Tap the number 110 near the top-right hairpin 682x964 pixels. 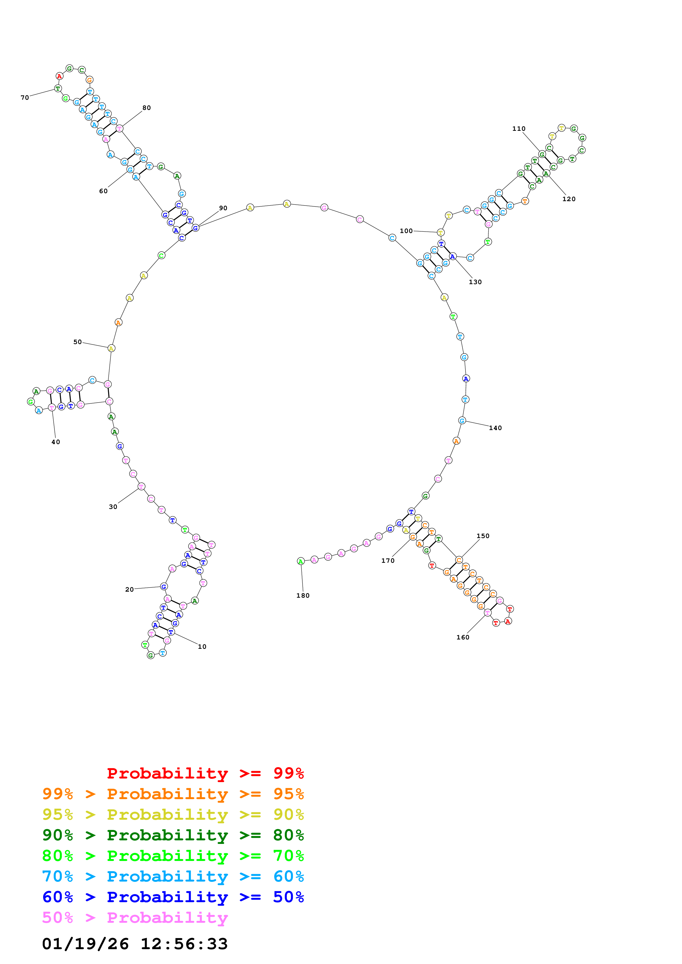pyautogui.click(x=519, y=129)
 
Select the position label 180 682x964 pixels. pyautogui.click(x=303, y=595)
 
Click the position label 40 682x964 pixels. pyautogui.click(x=56, y=442)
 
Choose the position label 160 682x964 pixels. pyautogui.click(x=463, y=637)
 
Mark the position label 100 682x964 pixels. pyautogui.click(x=406, y=231)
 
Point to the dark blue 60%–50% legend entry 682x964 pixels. pyautogui.click(x=173, y=897)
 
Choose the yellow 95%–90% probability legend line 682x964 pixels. pyautogui.click(x=173, y=814)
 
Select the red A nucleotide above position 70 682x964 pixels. pyautogui.click(x=59, y=76)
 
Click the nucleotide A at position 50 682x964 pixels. pyautogui.click(x=111, y=348)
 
